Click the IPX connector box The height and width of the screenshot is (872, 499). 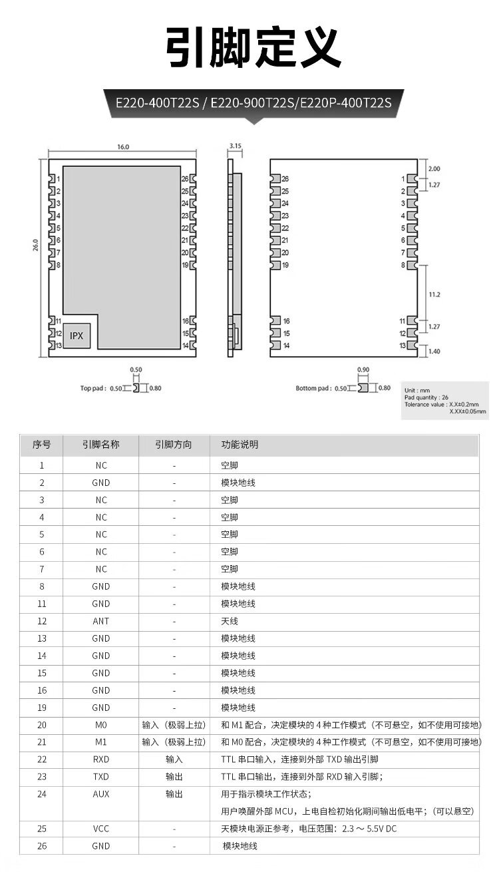[x=77, y=336]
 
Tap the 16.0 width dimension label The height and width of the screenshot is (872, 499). [x=123, y=147]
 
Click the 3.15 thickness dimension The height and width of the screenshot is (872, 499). [x=235, y=145]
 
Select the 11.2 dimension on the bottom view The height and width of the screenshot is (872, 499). [x=435, y=294]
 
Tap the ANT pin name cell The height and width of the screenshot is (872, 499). [x=101, y=621]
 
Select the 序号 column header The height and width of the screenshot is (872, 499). [x=41, y=445]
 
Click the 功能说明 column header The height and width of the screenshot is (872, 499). [x=240, y=445]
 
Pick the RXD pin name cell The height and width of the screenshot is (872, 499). [x=101, y=760]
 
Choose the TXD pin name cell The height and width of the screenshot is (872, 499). [x=101, y=777]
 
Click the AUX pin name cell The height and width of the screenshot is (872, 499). [x=101, y=794]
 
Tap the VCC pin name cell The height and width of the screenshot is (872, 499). [x=101, y=829]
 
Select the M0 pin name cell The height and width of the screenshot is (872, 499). [x=101, y=725]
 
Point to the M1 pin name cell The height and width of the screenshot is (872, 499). [x=101, y=742]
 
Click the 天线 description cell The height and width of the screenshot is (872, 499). [x=229, y=621]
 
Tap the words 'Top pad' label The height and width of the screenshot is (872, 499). [x=94, y=388]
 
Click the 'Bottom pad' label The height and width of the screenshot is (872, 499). [x=313, y=388]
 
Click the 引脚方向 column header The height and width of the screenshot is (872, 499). [x=174, y=445]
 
